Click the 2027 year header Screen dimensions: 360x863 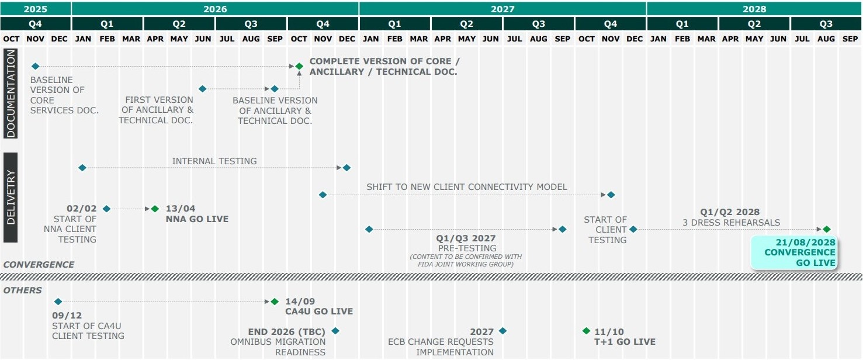coord(502,9)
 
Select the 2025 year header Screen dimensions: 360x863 coord(36,9)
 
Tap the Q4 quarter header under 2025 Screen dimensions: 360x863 coord(36,24)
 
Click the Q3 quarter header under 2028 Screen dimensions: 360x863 coord(826,24)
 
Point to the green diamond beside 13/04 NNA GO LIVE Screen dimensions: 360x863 coord(155,209)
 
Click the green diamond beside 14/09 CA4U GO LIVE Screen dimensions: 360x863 coord(275,302)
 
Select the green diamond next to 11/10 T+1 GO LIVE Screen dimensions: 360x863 coord(586,331)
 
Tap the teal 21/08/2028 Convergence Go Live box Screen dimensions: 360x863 coord(794,252)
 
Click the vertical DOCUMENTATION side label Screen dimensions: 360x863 coord(11,94)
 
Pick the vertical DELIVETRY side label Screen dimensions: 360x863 coord(11,198)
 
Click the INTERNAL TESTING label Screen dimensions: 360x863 coord(214,161)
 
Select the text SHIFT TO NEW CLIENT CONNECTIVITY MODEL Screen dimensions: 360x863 coord(466,187)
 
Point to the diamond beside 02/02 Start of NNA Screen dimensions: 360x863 coord(106,209)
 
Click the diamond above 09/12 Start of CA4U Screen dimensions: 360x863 coord(58,302)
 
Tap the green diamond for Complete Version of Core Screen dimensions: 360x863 coord(299,66)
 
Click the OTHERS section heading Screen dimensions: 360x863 coord(23,290)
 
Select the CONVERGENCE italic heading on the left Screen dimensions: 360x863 coord(39,264)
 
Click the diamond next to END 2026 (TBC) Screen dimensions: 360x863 coord(335,331)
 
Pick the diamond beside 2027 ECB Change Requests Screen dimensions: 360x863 coord(502,331)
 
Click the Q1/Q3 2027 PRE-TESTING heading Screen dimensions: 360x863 coord(466,238)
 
